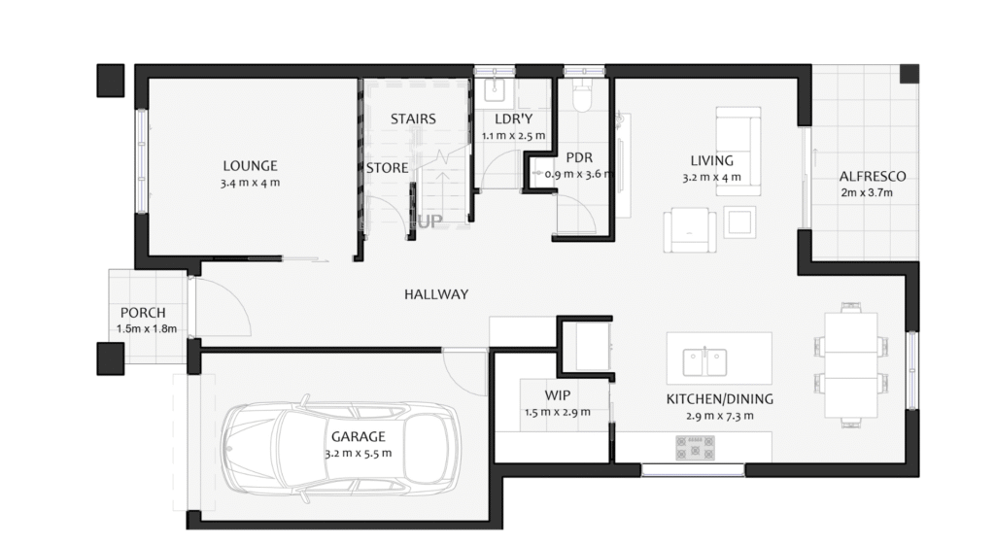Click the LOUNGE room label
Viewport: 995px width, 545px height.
pyautogui.click(x=250, y=165)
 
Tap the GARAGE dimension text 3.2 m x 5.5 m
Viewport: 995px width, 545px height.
pyautogui.click(x=359, y=453)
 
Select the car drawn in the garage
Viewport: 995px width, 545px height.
pyautogui.click(x=341, y=449)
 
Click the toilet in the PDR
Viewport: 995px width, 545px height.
pyautogui.click(x=582, y=95)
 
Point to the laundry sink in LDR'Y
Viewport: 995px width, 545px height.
pyautogui.click(x=495, y=90)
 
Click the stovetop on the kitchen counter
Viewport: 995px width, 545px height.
pyautogui.click(x=695, y=447)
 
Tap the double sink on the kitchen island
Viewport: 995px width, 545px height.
pyautogui.click(x=704, y=362)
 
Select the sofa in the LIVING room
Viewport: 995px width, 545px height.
pyautogui.click(x=738, y=151)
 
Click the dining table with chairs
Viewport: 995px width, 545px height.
pyautogui.click(x=850, y=364)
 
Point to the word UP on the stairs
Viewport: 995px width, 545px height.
pyautogui.click(x=429, y=221)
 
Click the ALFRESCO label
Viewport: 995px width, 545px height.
pyautogui.click(x=873, y=177)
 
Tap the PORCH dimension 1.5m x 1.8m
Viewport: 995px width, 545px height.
pyautogui.click(x=147, y=328)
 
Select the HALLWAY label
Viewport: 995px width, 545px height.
pyautogui.click(x=436, y=294)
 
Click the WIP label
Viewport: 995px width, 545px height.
pyautogui.click(x=557, y=395)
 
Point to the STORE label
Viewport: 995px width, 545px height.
pyautogui.click(x=387, y=168)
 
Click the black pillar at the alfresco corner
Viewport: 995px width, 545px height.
pyautogui.click(x=909, y=74)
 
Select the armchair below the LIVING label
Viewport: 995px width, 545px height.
pyautogui.click(x=690, y=230)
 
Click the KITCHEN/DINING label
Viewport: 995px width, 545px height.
pyautogui.click(x=720, y=399)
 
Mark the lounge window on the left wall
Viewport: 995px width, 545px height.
pyautogui.click(x=142, y=161)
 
